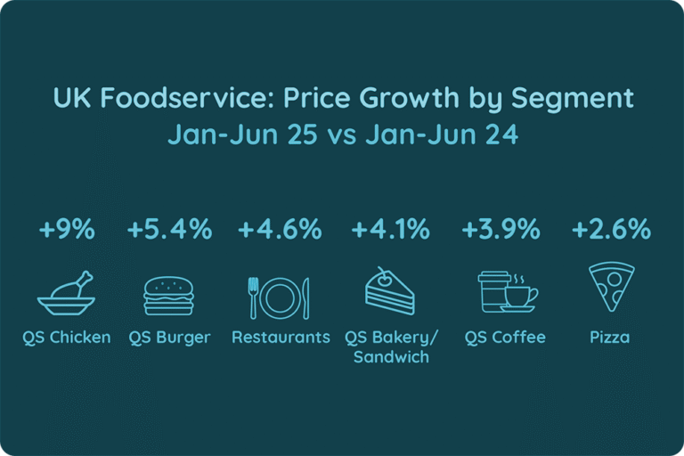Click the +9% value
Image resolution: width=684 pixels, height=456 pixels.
67,229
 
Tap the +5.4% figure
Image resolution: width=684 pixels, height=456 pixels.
169,229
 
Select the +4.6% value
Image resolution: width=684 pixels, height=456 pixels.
280,229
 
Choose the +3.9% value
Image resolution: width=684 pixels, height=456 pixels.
501,229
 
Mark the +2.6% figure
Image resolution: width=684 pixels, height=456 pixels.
611,229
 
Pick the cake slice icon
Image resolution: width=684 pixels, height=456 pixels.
389,290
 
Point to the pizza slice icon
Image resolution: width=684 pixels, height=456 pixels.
611,287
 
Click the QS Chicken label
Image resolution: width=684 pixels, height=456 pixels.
67,338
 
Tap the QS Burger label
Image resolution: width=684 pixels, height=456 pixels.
169,338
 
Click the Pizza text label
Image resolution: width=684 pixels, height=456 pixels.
610,338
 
